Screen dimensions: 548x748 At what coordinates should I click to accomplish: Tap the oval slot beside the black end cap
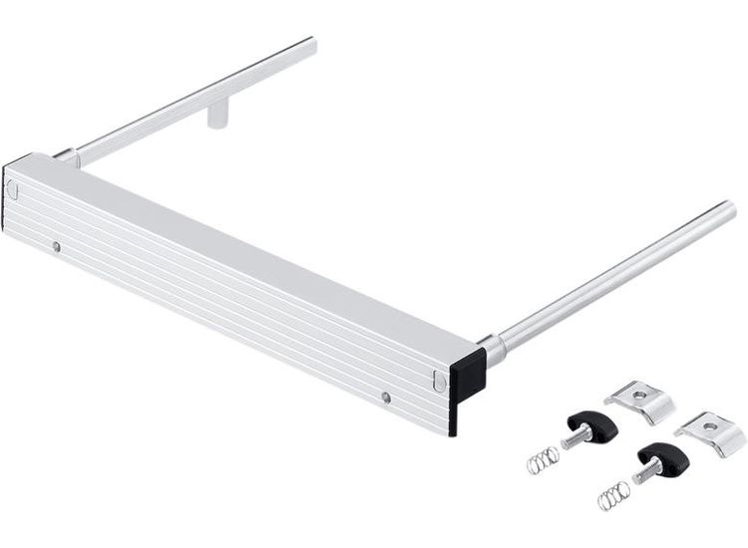point(440,379)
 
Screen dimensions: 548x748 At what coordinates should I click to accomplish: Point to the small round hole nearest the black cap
point(386,398)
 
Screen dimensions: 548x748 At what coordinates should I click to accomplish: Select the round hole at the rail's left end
point(57,246)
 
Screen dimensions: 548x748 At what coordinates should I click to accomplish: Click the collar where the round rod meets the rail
point(493,349)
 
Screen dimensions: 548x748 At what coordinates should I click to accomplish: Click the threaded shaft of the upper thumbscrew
point(573,439)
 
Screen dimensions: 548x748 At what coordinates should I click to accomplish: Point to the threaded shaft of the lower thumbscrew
point(642,475)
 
